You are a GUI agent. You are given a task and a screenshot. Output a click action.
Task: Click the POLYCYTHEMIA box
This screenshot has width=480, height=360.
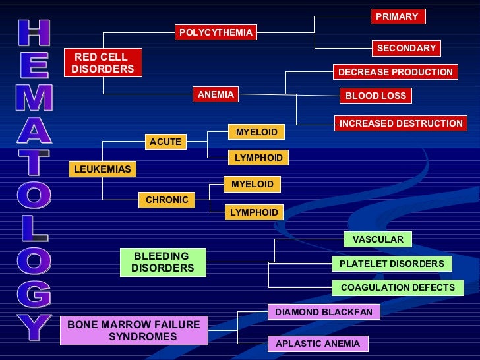[x=216, y=32]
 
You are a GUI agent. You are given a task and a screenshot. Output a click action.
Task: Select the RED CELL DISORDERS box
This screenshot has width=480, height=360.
[x=103, y=63]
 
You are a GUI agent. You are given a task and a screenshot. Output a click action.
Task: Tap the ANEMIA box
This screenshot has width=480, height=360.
[x=216, y=95]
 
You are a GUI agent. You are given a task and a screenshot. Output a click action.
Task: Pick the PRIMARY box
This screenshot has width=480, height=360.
[x=397, y=16]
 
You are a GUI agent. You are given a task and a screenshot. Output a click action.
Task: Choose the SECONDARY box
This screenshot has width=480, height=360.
[x=406, y=48]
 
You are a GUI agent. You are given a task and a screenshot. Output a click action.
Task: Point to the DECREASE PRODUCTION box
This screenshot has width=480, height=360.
[x=396, y=72]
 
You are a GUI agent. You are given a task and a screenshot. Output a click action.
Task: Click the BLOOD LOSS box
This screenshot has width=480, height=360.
[x=376, y=96]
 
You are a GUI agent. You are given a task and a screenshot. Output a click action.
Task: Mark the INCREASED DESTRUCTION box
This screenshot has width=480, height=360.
[x=400, y=123]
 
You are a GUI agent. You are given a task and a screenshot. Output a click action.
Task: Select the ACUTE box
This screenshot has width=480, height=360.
[x=165, y=142]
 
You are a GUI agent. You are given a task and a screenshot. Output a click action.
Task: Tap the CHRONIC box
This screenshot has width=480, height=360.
[x=167, y=200]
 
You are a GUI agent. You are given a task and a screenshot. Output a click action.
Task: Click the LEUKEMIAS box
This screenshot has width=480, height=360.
[x=102, y=169]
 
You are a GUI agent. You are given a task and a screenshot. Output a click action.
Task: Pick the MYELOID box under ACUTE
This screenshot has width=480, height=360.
[x=256, y=132]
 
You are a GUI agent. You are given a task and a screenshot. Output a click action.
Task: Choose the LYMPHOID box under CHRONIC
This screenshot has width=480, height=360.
[x=254, y=212]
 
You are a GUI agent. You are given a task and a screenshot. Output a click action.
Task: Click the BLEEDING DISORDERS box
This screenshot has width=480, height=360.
[x=163, y=262]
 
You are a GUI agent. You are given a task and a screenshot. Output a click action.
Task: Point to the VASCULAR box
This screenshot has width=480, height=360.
[x=378, y=239]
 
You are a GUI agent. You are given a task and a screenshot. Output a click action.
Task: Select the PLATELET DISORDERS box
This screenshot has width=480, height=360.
[x=392, y=264]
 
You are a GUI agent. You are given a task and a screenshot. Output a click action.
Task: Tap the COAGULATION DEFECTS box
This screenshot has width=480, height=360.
[x=398, y=287]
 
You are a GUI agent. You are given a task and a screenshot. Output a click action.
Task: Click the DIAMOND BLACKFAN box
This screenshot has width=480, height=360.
[x=324, y=312]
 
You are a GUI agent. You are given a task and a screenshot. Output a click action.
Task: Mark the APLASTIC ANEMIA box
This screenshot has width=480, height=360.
[x=318, y=344]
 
